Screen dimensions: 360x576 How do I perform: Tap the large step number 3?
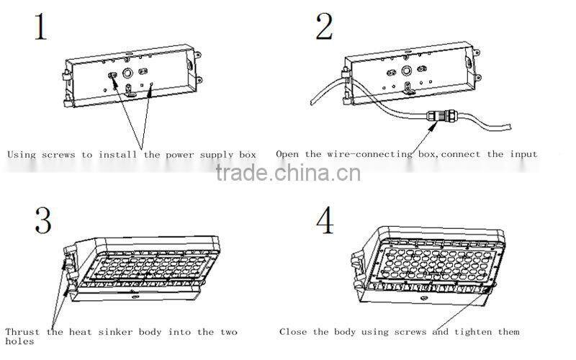point(43,221)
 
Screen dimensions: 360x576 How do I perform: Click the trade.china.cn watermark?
point(289,174)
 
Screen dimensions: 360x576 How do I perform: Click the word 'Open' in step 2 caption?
point(287,154)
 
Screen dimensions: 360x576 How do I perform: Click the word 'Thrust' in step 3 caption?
point(22,332)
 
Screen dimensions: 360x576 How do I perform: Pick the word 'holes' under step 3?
point(19,342)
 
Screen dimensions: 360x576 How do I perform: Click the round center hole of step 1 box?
point(128,73)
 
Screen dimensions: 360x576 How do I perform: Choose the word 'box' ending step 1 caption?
point(247,154)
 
